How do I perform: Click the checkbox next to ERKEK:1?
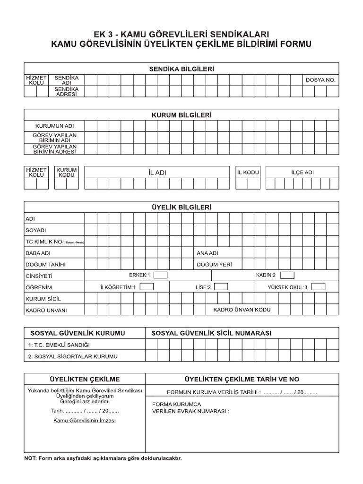[161, 275]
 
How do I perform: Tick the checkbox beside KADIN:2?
[287, 275]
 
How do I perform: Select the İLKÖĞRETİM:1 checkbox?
[147, 286]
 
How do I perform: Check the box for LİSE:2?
[221, 286]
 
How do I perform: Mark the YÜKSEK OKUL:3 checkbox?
[318, 286]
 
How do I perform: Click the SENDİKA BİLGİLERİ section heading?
[181, 69]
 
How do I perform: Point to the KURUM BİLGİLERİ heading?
[181, 115]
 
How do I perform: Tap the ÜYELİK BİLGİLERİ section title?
[181, 207]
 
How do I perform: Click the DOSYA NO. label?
[320, 80]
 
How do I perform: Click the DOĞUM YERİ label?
[215, 264]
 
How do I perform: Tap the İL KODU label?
[248, 172]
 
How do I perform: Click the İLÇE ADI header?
[302, 172]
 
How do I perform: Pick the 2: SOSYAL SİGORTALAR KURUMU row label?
[72, 356]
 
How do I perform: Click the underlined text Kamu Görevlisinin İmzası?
[85, 420]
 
